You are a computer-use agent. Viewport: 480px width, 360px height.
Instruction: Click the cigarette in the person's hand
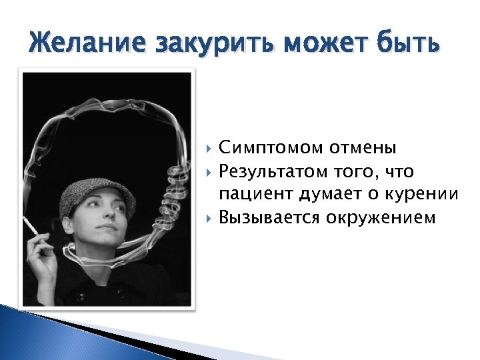point(31,227)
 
